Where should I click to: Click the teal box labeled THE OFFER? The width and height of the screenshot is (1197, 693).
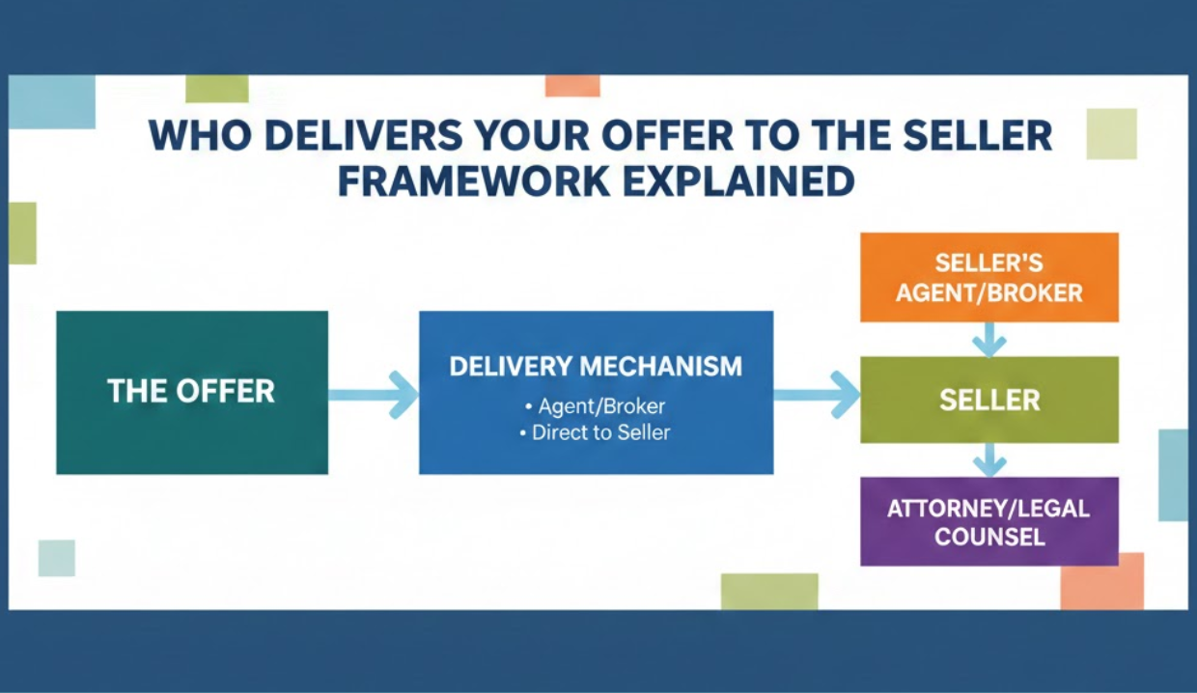click(x=191, y=392)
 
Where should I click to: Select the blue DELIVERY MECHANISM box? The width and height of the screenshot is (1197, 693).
click(x=596, y=392)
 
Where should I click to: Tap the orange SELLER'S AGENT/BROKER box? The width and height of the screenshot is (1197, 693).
click(x=988, y=278)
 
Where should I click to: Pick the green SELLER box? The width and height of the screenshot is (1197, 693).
click(x=988, y=400)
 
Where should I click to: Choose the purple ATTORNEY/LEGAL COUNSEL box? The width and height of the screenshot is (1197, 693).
click(x=988, y=521)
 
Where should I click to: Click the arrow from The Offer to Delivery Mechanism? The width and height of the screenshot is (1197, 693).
click(x=375, y=394)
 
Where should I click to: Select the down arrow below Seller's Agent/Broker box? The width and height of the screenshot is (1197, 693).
click(x=988, y=339)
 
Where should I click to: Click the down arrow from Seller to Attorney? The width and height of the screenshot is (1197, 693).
click(x=988, y=459)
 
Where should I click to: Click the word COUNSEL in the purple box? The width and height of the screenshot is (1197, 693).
click(x=988, y=536)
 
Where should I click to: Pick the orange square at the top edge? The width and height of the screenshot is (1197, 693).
click(x=572, y=85)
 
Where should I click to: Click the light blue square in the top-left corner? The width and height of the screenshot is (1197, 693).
click(x=52, y=101)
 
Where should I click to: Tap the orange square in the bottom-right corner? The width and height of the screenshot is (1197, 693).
click(x=1102, y=581)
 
